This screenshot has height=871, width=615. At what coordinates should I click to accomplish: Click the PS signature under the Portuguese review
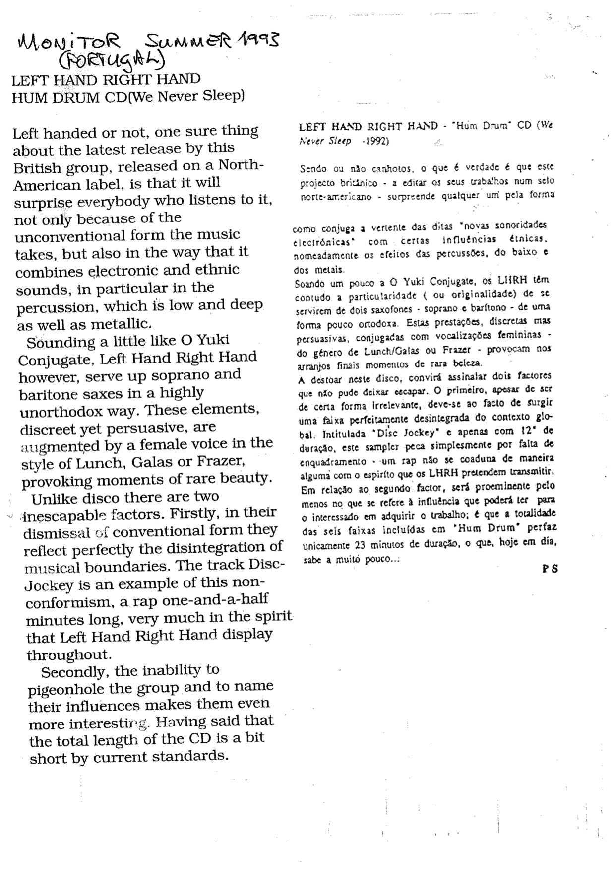tap(550, 569)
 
